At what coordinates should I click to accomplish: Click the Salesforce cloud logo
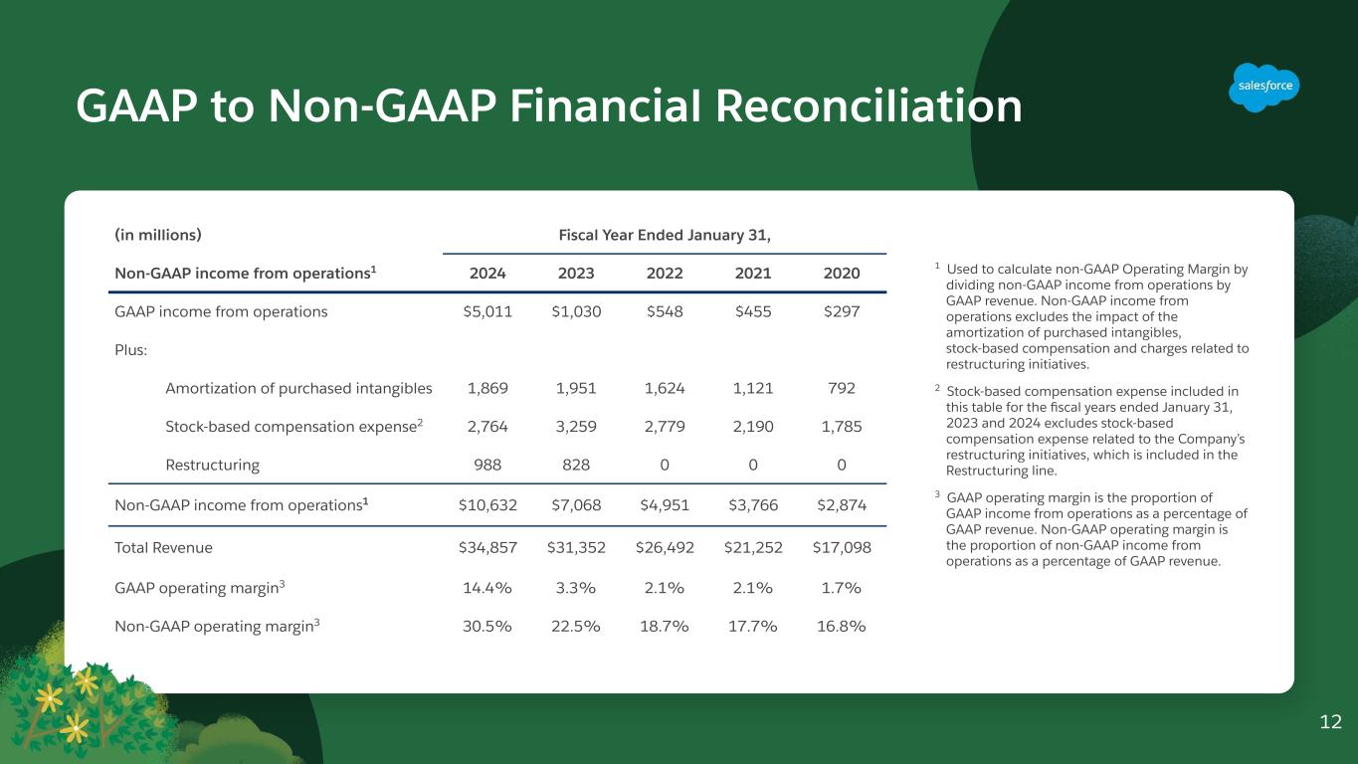pyautogui.click(x=1264, y=87)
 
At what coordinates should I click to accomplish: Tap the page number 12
pyautogui.click(x=1330, y=722)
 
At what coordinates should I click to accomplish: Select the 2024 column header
pyautogui.click(x=487, y=273)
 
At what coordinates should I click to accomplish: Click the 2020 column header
pyautogui.click(x=841, y=273)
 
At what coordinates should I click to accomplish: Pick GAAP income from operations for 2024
pyautogui.click(x=487, y=311)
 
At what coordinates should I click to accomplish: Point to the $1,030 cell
pyautogui.click(x=576, y=311)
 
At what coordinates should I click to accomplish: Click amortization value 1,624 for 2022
pyautogui.click(x=665, y=388)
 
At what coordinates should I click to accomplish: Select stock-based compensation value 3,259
pyautogui.click(x=576, y=427)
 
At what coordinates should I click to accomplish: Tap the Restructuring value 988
pyautogui.click(x=487, y=465)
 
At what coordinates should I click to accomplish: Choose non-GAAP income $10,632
pyautogui.click(x=487, y=504)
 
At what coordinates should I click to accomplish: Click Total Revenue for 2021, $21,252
pyautogui.click(x=753, y=547)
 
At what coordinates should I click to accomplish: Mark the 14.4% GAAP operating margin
pyautogui.click(x=487, y=587)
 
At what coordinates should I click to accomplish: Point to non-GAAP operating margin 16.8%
pyautogui.click(x=841, y=626)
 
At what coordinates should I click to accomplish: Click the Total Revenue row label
pyautogui.click(x=164, y=547)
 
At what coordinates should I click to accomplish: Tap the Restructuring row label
pyautogui.click(x=212, y=465)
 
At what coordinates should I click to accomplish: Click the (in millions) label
pyautogui.click(x=158, y=235)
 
